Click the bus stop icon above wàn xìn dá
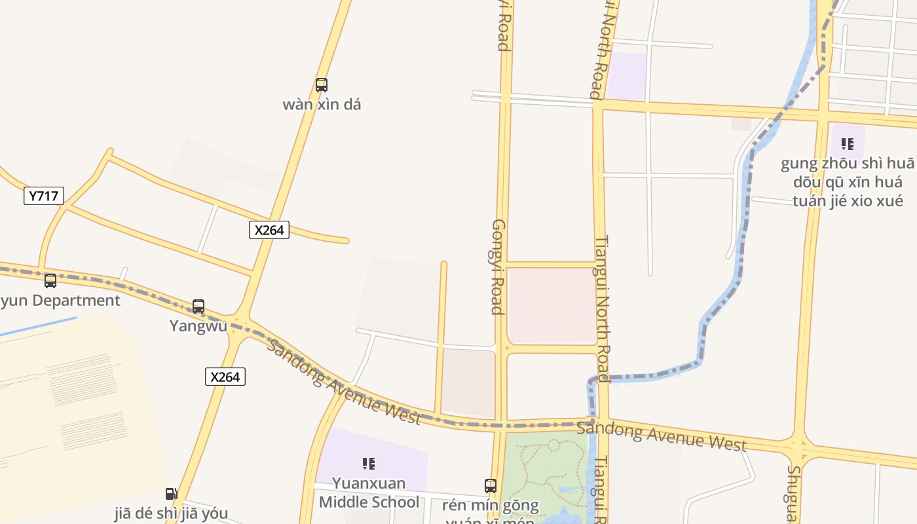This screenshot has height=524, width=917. click(321, 85)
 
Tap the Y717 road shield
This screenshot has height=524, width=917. click(44, 195)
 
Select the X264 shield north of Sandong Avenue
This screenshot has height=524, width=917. click(269, 230)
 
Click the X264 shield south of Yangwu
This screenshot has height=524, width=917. click(225, 377)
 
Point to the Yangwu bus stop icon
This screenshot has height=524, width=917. click(198, 307)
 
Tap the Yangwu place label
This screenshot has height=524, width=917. click(198, 326)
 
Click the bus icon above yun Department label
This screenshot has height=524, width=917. click(50, 281)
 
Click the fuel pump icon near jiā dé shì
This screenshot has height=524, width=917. click(171, 494)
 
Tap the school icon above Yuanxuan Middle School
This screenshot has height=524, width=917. click(369, 464)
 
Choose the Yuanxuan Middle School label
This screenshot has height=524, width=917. click(369, 493)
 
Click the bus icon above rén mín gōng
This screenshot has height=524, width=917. click(491, 486)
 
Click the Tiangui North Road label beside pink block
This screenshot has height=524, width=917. click(602, 308)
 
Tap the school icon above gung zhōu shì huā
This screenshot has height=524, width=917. click(848, 144)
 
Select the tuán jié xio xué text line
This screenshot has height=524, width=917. click(848, 200)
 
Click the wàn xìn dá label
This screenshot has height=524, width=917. click(322, 105)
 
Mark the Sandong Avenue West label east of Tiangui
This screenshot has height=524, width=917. click(662, 436)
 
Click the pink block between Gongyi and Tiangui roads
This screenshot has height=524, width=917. click(552, 305)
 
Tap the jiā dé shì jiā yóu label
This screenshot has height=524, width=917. click(171, 513)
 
